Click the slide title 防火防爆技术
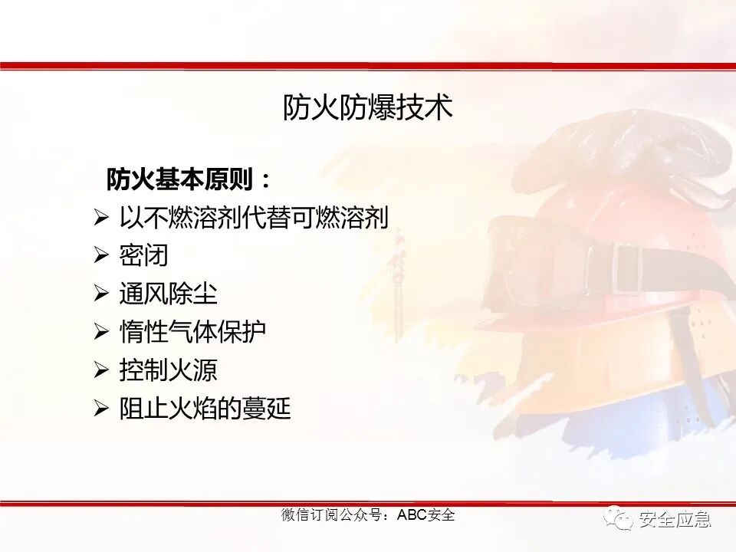pyautogui.click(x=368, y=107)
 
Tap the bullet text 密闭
pyautogui.click(x=143, y=255)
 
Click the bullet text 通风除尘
pyautogui.click(x=168, y=294)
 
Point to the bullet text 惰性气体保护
pyautogui.click(x=192, y=332)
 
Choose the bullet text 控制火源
pyautogui.click(x=168, y=370)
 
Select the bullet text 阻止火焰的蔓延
pyautogui.click(x=205, y=409)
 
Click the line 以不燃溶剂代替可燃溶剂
pyautogui.click(x=254, y=218)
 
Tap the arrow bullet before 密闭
pyautogui.click(x=101, y=255)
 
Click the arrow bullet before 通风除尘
pyautogui.click(x=101, y=294)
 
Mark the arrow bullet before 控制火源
pyautogui.click(x=101, y=370)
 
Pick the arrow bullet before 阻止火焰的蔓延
pyautogui.click(x=101, y=409)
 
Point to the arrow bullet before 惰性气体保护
pyautogui.click(x=101, y=332)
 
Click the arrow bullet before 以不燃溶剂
pyautogui.click(x=101, y=218)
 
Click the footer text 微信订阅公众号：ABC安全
pyautogui.click(x=368, y=514)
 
